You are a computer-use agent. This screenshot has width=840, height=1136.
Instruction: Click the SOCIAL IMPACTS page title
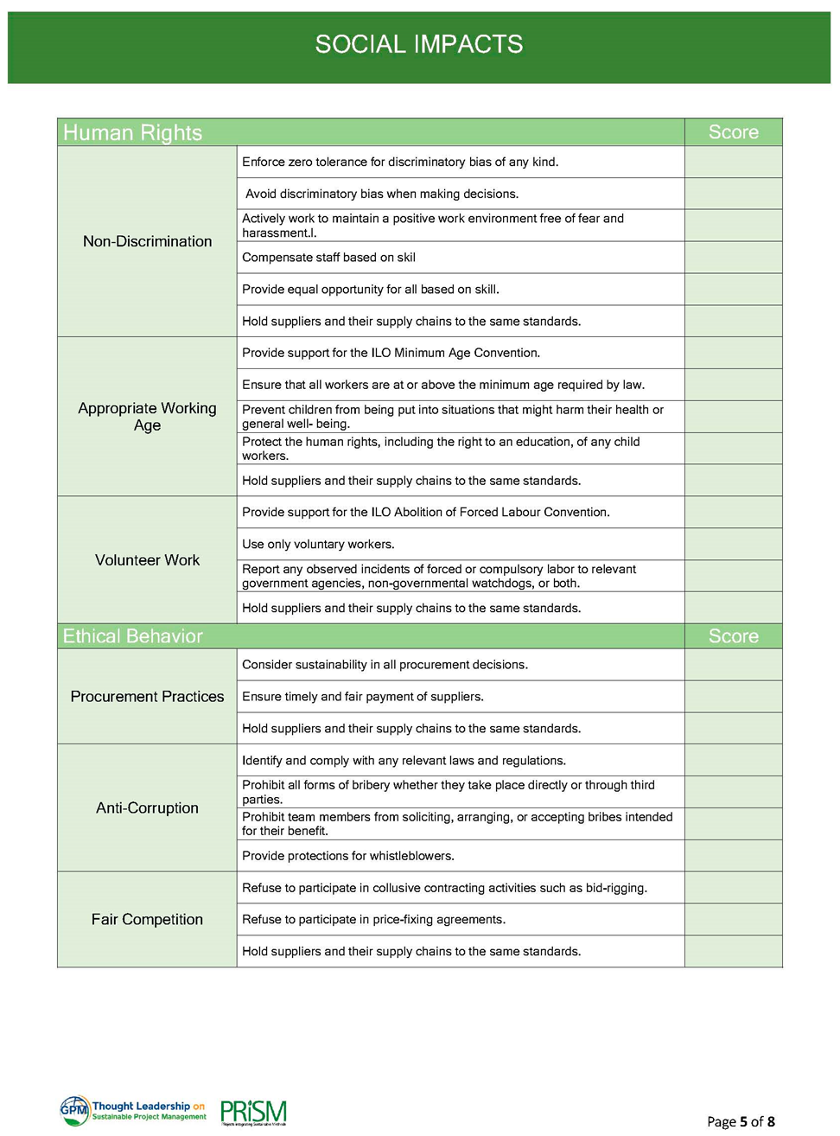tap(419, 44)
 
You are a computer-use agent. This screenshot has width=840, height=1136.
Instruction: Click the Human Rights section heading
tap(132, 132)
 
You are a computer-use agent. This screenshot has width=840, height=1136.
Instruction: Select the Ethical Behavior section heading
tap(132, 636)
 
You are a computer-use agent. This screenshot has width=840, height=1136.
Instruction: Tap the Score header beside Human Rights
tap(733, 132)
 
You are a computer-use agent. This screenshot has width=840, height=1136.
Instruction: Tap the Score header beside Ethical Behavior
tap(733, 636)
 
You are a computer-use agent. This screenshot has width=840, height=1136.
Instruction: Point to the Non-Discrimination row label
tap(147, 241)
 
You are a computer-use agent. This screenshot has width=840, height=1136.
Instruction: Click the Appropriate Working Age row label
tap(147, 416)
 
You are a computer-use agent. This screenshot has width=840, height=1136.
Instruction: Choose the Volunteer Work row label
tap(147, 560)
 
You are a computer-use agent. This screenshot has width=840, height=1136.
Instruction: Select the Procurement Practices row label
tap(147, 697)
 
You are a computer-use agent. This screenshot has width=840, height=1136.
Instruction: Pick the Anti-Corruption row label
tap(147, 807)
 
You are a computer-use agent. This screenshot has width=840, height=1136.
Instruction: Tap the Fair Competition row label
tap(147, 919)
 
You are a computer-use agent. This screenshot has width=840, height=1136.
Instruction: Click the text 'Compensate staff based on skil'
tap(328, 258)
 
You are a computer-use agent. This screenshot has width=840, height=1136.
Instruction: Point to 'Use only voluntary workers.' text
tap(318, 545)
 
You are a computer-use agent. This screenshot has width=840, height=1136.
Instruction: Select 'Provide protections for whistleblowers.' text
tap(347, 856)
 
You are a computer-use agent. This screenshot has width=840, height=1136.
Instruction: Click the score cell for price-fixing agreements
tap(733, 920)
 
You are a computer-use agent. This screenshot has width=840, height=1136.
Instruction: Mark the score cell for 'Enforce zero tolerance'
tap(733, 162)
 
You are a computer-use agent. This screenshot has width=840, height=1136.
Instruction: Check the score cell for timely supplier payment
tap(733, 697)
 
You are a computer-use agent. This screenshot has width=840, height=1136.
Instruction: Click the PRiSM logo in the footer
tap(253, 1112)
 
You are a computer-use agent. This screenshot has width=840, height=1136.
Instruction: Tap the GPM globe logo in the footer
tap(74, 1110)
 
